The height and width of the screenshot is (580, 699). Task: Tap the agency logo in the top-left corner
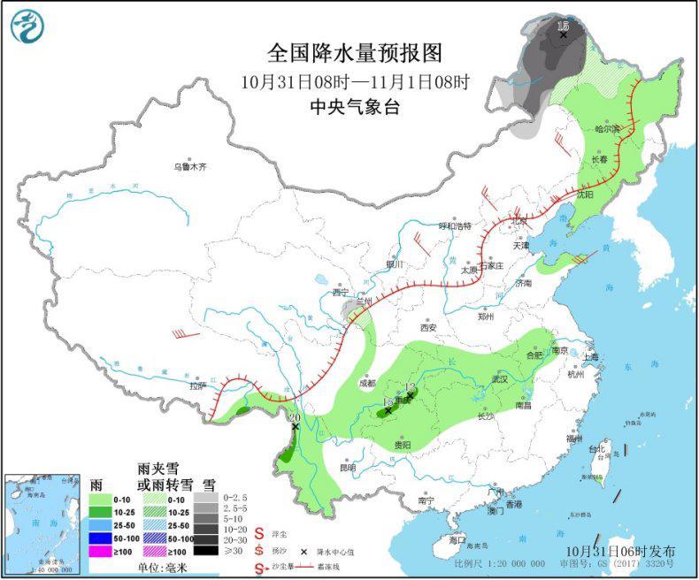pyautogui.click(x=27, y=27)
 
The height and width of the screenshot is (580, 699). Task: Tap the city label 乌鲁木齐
pyautogui.click(x=189, y=167)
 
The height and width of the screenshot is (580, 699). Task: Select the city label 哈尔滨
pyautogui.click(x=607, y=129)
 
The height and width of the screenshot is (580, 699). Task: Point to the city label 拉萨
pyautogui.click(x=196, y=385)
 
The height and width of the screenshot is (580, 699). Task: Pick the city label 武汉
pyautogui.click(x=501, y=379)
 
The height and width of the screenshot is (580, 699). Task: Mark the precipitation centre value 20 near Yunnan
pyautogui.click(x=295, y=416)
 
